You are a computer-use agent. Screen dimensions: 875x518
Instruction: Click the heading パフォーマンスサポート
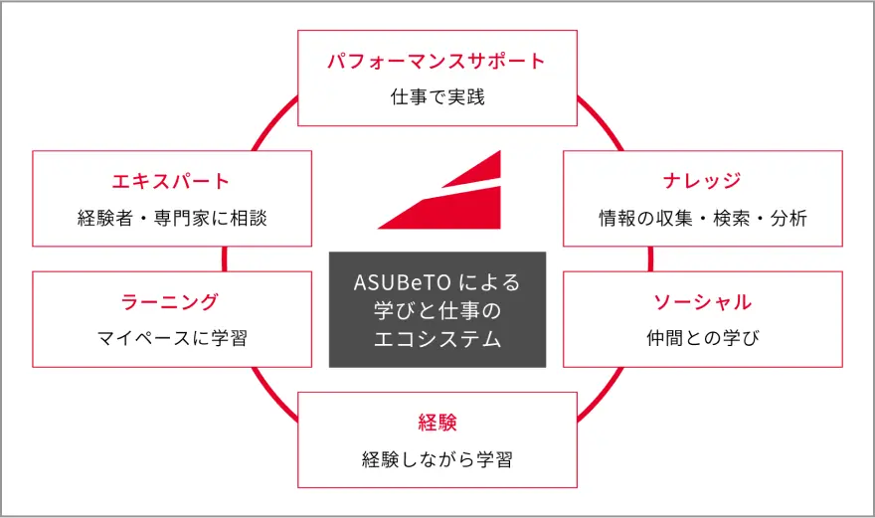point(437,61)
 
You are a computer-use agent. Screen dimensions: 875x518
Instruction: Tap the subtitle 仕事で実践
point(437,97)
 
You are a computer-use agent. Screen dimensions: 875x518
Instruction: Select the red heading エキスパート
point(171,181)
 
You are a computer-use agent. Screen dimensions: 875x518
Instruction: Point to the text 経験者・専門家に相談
point(172,218)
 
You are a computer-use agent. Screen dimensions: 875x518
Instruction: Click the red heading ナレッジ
point(702,181)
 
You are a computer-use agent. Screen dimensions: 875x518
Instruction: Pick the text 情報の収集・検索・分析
point(703,218)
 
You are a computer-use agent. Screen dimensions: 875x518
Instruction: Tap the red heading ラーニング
point(170,302)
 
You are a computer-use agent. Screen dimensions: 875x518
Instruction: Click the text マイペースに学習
point(172,338)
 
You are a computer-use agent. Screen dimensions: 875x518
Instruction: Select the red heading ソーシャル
point(702,302)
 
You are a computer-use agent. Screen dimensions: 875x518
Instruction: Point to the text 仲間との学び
point(703,338)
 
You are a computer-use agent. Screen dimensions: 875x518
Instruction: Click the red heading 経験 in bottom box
point(437,423)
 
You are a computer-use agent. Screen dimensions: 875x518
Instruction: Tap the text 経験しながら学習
point(437,459)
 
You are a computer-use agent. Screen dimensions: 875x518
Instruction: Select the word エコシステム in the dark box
point(437,339)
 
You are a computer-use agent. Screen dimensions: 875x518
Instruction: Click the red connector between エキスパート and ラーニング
point(225,259)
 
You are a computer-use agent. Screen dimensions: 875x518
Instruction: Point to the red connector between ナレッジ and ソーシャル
point(650,259)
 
